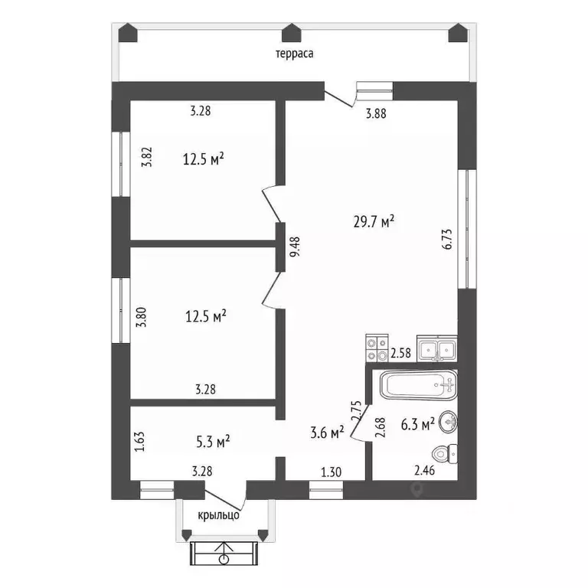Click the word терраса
coord(294,54)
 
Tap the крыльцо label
coord(219,515)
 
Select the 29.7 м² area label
coord(374,221)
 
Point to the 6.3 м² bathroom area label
coord(418,424)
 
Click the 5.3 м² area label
coord(213,441)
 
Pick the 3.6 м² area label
coord(328,433)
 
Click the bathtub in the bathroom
coord(419,384)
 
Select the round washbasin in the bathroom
coord(448,423)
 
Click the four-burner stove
coord(377,348)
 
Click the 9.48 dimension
coord(295,247)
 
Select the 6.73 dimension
coord(448,239)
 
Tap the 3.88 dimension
coord(376,113)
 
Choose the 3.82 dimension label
coord(147,156)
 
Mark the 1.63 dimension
coord(139,442)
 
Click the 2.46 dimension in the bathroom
coord(424,470)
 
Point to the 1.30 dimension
coord(332,472)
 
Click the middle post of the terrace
coord(292,33)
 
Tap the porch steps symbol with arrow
coord(224,554)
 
